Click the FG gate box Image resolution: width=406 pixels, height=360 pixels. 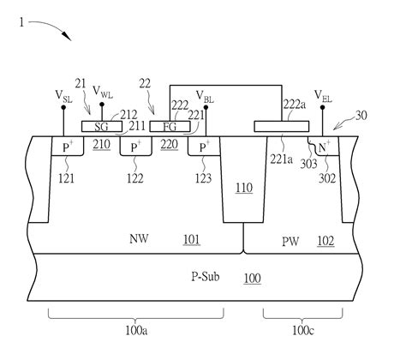coord(170,126)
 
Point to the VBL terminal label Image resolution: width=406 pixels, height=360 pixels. coord(206,97)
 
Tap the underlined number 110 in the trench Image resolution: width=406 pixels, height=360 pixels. coord(242,188)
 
